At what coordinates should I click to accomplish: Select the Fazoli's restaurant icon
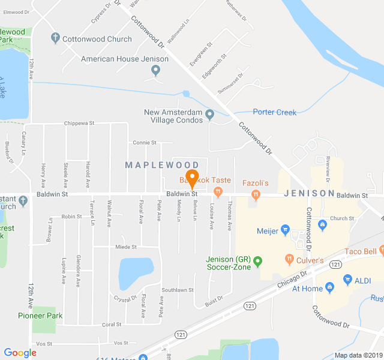click(256, 194)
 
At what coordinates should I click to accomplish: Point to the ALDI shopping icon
click(347, 280)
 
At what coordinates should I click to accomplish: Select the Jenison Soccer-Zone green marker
click(258, 261)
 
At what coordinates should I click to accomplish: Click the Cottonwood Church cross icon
click(55, 39)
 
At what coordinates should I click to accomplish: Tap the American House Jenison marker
click(156, 71)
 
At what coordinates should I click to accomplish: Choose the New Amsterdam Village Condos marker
click(209, 114)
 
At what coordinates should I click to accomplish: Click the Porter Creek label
click(274, 112)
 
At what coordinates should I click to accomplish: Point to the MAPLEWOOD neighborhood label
click(162, 164)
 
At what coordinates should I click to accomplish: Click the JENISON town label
click(308, 193)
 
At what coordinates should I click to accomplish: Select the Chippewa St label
click(80, 124)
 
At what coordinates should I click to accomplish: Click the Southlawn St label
click(177, 290)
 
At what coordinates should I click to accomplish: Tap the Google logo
click(20, 353)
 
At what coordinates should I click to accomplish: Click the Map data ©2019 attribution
click(358, 355)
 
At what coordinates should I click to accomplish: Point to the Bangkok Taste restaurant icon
click(218, 193)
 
